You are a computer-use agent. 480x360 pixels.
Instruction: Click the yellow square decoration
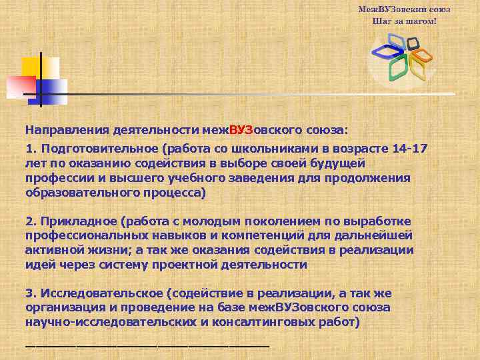pos(31,67)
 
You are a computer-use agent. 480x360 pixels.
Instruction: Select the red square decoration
pos(20,86)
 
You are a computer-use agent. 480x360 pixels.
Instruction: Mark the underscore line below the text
pos(147,345)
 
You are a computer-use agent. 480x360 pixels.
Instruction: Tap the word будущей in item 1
pos(341,163)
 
